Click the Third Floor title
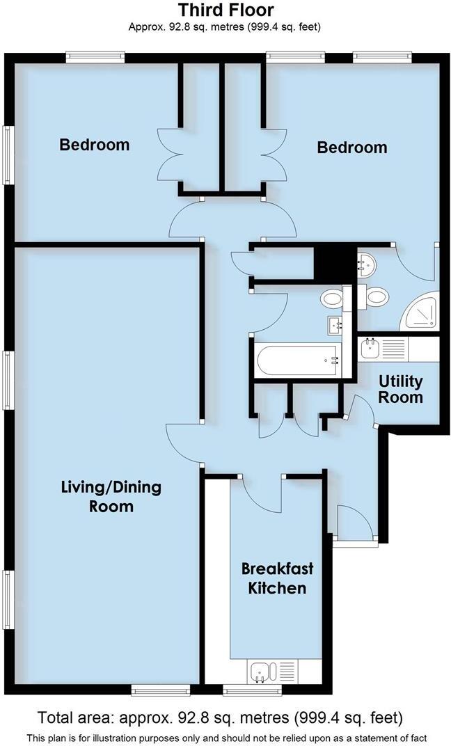[x=225, y=10]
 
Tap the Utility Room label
[x=400, y=389]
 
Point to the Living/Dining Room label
[x=111, y=496]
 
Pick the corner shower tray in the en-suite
[x=423, y=313]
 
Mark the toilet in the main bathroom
[x=332, y=299]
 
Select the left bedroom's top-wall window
[x=95, y=56]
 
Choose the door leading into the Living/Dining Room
[x=182, y=445]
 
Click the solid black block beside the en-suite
[x=333, y=262]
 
